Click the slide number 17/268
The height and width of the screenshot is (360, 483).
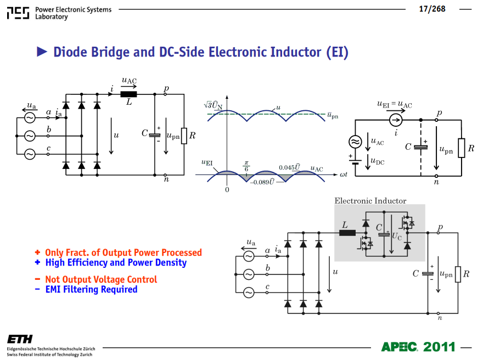click(432, 9)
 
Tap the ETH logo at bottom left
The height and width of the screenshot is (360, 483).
click(20, 339)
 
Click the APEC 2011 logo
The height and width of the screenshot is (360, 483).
click(418, 347)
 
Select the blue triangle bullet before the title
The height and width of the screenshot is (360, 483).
click(42, 52)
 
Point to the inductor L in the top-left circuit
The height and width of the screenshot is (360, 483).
click(128, 94)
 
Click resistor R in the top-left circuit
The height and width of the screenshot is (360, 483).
click(184, 136)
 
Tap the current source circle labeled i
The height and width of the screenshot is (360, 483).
click(396, 120)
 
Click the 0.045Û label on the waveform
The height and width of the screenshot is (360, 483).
click(289, 167)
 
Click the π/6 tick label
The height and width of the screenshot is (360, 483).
click(246, 166)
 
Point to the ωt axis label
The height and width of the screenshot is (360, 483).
click(343, 175)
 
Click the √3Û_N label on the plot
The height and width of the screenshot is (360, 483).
click(213, 105)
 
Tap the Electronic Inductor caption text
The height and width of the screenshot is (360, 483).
click(370, 201)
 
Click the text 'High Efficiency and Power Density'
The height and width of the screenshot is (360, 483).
click(116, 262)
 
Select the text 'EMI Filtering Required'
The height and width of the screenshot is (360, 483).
click(91, 289)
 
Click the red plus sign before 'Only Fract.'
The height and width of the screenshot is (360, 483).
click(37, 252)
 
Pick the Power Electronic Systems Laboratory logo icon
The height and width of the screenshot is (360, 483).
click(18, 13)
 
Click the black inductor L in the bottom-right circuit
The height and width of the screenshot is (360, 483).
click(347, 233)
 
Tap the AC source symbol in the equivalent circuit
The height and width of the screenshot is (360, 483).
click(355, 142)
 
